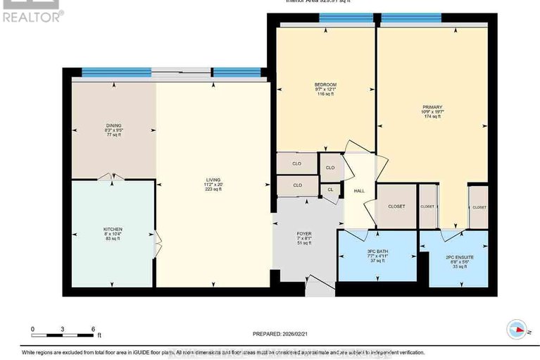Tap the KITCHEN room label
click(x=113, y=230)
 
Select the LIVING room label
click(x=212, y=179)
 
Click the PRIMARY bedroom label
click(x=432, y=107)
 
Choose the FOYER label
click(x=304, y=233)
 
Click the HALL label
click(x=359, y=190)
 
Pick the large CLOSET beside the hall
click(x=396, y=206)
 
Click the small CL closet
click(x=330, y=190)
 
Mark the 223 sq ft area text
click(x=212, y=189)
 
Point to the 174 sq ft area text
click(x=432, y=117)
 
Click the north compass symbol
click(x=517, y=329)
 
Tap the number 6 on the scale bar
click(x=93, y=329)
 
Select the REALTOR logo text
click(x=32, y=15)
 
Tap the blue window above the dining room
click(x=116, y=71)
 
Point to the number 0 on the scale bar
click(x=32, y=329)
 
